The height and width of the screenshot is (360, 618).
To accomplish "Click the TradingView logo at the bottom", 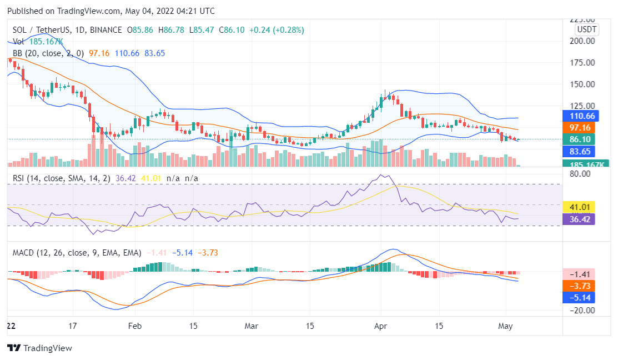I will click(39, 348).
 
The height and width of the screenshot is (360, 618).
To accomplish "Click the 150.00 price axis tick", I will click(584, 84).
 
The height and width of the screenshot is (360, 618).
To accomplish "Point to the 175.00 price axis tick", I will click(584, 63).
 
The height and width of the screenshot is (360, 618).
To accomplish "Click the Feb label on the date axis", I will click(135, 326).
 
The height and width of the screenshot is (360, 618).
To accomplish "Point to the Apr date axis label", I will click(381, 326).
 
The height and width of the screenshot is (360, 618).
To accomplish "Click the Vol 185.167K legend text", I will click(38, 42).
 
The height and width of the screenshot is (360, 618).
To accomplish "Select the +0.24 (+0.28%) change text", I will click(276, 30).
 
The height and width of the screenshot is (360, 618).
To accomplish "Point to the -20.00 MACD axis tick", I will click(582, 311).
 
